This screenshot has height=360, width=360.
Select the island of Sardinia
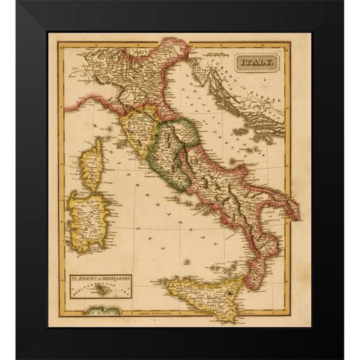[87, 219]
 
